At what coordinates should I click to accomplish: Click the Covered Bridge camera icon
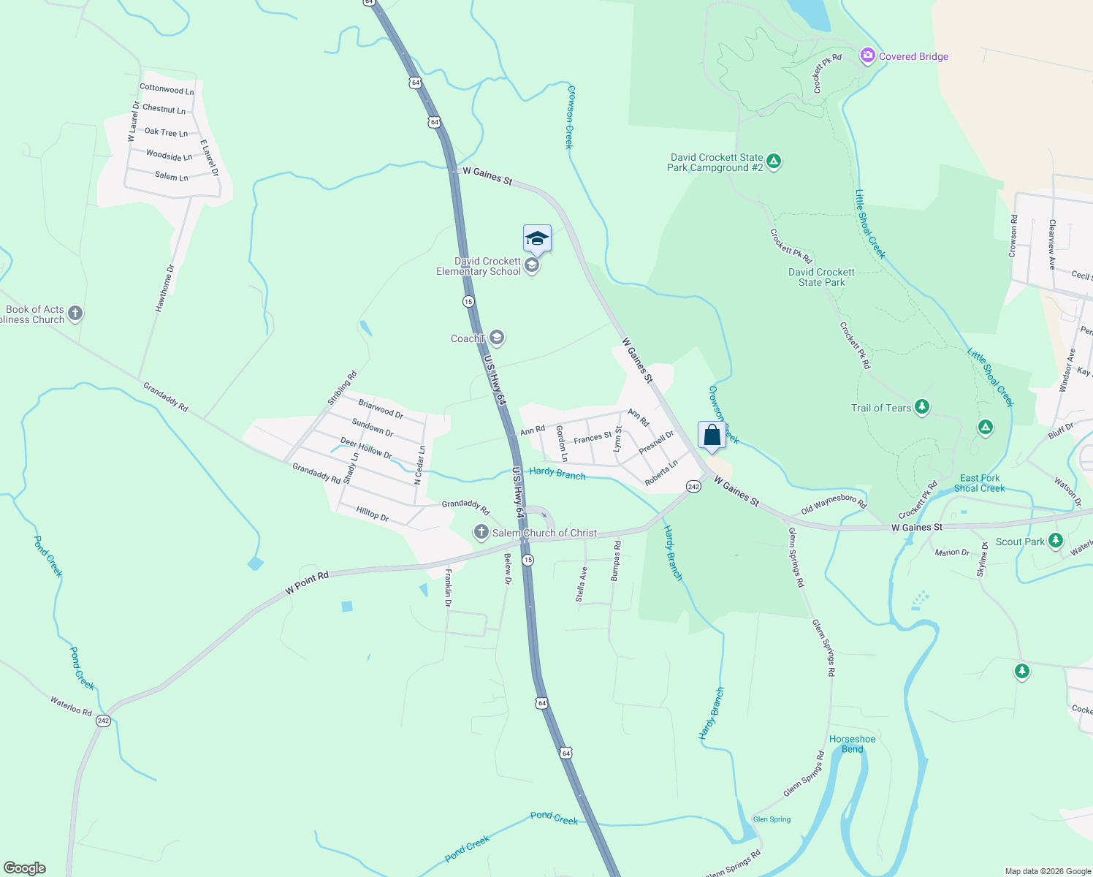pos(867,56)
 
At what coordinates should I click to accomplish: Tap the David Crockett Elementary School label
pos(479,267)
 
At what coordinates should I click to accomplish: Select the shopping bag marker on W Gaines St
pos(712,436)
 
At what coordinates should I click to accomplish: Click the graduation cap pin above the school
pos(537,238)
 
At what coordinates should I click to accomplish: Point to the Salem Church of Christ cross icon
pos(481,532)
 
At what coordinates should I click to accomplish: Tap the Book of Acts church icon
pos(75,314)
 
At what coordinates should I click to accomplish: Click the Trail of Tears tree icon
pos(922,407)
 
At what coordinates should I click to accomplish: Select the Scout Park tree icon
pos(1055,541)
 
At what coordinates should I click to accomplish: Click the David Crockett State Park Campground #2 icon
pos(774,162)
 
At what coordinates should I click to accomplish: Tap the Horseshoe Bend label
pos(852,744)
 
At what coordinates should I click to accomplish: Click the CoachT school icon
pos(497,338)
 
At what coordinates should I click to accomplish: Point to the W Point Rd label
pos(307,582)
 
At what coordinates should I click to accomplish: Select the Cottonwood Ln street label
pos(167,90)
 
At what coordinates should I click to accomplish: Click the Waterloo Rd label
pos(71,706)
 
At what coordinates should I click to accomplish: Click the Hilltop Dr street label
pos(373,513)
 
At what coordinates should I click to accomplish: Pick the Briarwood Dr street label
pos(381,408)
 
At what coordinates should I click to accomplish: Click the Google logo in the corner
pos(24,868)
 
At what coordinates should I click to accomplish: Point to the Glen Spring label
pos(772,819)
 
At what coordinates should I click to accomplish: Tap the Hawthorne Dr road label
pos(164,288)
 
